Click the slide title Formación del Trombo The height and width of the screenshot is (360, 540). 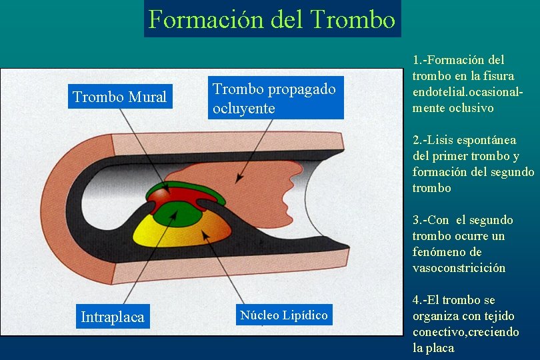point(271,19)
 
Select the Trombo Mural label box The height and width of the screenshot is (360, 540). point(119,97)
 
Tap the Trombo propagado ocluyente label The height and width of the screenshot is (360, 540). point(275,99)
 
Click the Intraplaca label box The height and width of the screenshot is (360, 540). point(112,317)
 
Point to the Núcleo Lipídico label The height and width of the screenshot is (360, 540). point(284,315)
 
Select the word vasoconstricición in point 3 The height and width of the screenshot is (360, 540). point(459,268)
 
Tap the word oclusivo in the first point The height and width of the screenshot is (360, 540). point(470,108)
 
